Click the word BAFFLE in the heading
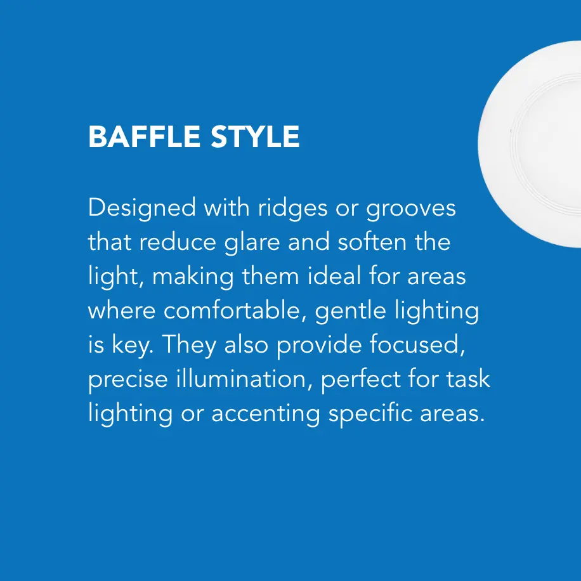coord(144,137)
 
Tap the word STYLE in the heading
coord(256,137)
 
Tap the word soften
coord(372,242)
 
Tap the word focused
coord(417,345)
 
